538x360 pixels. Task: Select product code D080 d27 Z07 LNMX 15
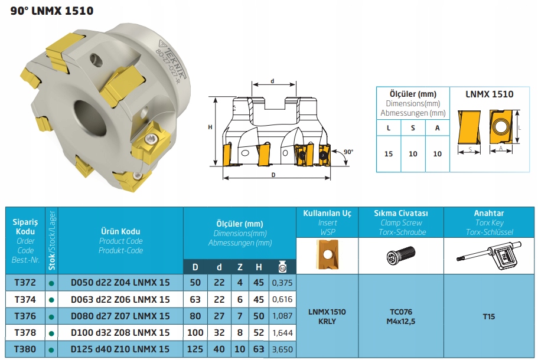tap(120, 316)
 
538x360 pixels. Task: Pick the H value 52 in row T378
tap(259, 332)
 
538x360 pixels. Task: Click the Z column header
tap(240, 267)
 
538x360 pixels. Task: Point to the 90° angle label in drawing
tap(348, 152)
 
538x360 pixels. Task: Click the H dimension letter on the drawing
tap(210, 127)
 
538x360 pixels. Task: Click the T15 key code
tap(488, 316)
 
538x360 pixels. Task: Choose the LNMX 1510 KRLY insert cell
tap(327, 316)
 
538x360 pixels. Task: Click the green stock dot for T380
tap(52, 349)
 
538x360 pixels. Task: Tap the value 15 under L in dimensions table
tap(388, 154)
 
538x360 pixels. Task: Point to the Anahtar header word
tap(489, 213)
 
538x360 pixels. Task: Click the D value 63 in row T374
tap(195, 299)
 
